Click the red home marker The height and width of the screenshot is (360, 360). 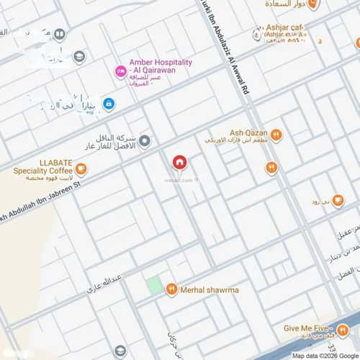179,163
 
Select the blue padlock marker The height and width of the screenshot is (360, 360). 108,104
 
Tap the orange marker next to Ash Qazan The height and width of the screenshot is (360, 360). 276,135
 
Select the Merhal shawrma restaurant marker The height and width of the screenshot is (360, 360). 171,289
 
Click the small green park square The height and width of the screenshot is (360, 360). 153,284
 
